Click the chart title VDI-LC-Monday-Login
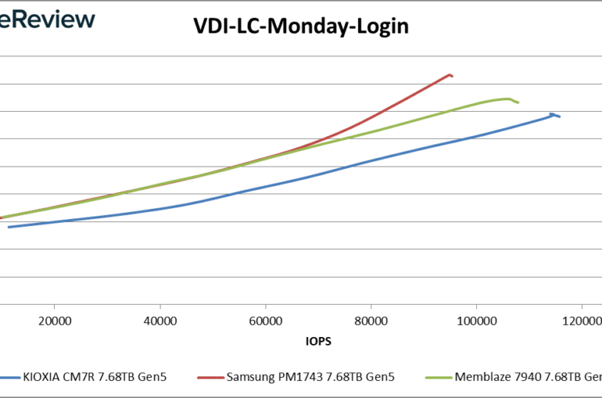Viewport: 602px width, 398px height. coord(300,27)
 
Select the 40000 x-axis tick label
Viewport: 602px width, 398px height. coord(160,320)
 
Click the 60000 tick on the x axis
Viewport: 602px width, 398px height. coord(265,320)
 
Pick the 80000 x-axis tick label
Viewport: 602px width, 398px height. coord(371,320)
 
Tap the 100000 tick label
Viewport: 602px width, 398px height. coord(476,320)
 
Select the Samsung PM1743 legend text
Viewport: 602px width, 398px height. coord(311,377)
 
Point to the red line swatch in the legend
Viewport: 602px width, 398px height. coord(210,377)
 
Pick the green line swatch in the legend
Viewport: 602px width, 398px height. coord(440,377)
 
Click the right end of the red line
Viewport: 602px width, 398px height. coord(451,76)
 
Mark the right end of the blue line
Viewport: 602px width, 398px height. coord(559,116)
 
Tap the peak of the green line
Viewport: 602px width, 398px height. coord(507,99)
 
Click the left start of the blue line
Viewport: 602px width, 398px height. coord(9,227)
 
